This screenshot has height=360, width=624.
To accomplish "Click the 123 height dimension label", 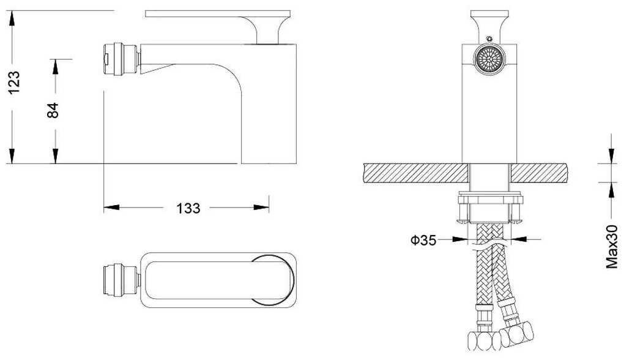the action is (x=14, y=82).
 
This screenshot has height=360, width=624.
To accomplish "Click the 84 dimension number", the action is (x=53, y=110).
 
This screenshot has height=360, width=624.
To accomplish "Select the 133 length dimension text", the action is (x=188, y=208).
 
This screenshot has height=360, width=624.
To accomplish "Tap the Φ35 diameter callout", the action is (x=423, y=240).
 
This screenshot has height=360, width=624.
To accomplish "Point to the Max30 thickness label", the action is (x=612, y=247).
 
